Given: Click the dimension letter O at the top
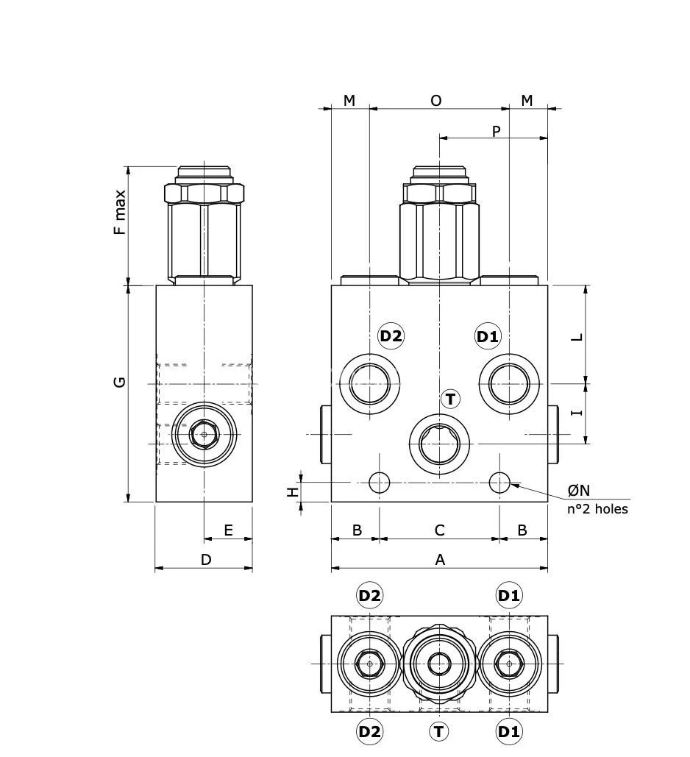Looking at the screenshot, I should tap(436, 100).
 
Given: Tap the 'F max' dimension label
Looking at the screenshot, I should tap(120, 213).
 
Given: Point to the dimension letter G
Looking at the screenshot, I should tap(120, 382).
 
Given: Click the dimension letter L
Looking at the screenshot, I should tap(577, 337).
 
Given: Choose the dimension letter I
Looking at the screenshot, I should tap(577, 412).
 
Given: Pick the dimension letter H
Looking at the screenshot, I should tap(293, 491).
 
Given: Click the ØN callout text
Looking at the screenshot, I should tap(578, 490).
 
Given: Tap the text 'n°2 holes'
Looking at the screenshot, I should tap(597, 508).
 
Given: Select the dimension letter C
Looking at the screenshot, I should tap(440, 530).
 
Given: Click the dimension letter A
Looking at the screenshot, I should tap(440, 560).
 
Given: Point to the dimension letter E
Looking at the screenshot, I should tap(228, 530).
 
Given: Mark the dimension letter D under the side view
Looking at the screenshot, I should tap(206, 560).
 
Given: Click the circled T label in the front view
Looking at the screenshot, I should tap(450, 399).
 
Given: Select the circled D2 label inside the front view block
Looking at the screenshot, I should tap(391, 336).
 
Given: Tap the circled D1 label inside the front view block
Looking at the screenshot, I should tap(488, 337).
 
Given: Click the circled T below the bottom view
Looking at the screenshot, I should tap(439, 731).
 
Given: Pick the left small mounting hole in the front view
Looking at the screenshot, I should tap(380, 483).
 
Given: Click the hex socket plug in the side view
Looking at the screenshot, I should tap(204, 435).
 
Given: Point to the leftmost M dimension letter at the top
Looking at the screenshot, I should tap(349, 100).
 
